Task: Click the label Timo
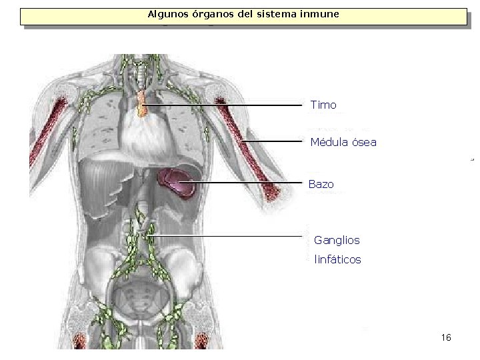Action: pos(323,105)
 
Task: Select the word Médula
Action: pos(327,142)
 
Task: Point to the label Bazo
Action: pos(321,184)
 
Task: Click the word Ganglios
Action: pos(337,240)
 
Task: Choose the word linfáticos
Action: pos(337,260)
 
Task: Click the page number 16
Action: pos(446,338)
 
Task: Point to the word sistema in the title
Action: pos(269,13)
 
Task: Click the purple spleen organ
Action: pos(175,181)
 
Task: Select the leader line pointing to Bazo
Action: pos(247,183)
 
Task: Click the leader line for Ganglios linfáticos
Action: pos(227,237)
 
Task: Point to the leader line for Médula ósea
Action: pos(273,141)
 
